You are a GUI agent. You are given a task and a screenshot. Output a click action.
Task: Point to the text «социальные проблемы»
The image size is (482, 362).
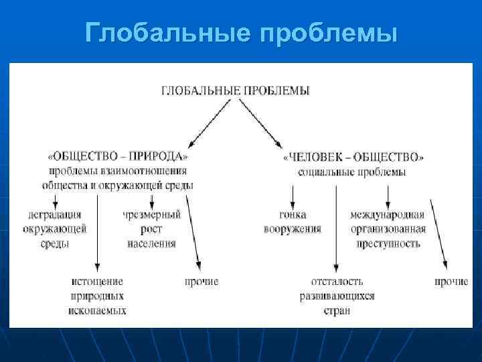pyautogui.click(x=352, y=172)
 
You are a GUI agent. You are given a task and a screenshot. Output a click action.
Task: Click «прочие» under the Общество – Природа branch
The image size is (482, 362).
pyautogui.click(x=202, y=282)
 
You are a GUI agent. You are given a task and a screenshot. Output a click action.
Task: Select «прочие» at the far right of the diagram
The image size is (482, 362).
pyautogui.click(x=451, y=282)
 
